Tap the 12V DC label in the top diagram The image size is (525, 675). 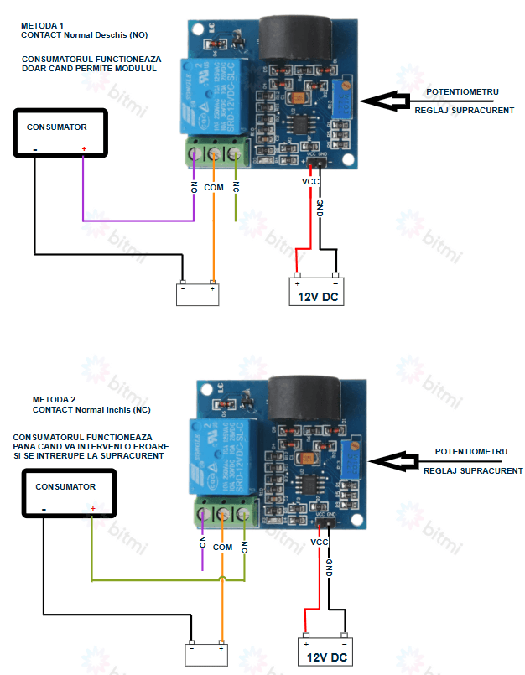point(317,296)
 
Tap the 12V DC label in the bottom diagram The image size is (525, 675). point(327,657)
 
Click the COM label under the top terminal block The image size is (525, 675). point(214,187)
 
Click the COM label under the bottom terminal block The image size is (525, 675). point(222,547)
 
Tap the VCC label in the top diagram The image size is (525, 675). point(310,180)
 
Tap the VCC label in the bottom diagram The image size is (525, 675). point(320,542)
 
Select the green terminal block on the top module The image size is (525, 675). point(216,153)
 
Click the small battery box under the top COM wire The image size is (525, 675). point(198,294)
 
